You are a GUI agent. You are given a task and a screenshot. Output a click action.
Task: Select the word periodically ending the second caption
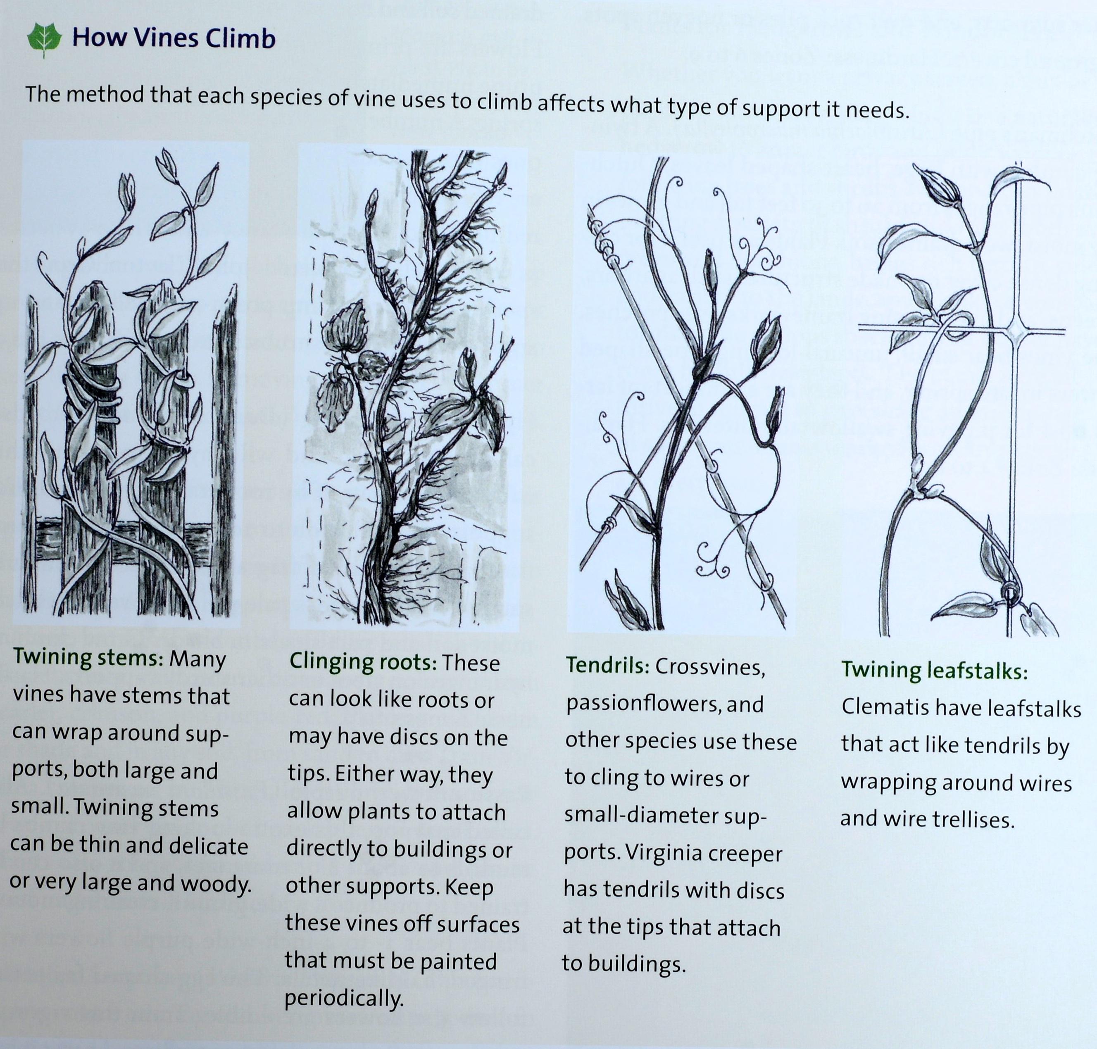point(343,999)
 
